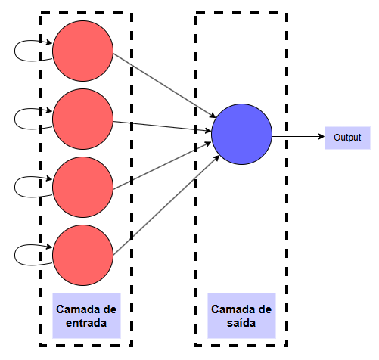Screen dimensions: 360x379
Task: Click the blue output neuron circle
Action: [x=241, y=134]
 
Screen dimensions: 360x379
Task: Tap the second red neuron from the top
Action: [x=82, y=118]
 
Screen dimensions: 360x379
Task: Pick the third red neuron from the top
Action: [x=82, y=186]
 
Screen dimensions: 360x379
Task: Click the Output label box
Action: [x=347, y=138]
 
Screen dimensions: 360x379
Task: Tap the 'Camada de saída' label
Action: [x=241, y=316]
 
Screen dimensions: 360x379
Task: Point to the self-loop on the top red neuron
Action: [x=23, y=50]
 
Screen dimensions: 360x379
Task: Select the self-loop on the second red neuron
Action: [x=23, y=118]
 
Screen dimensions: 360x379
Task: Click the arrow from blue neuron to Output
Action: [x=297, y=138]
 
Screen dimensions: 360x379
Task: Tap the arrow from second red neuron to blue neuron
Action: [x=163, y=125]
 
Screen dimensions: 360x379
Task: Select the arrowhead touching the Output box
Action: [x=321, y=138]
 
